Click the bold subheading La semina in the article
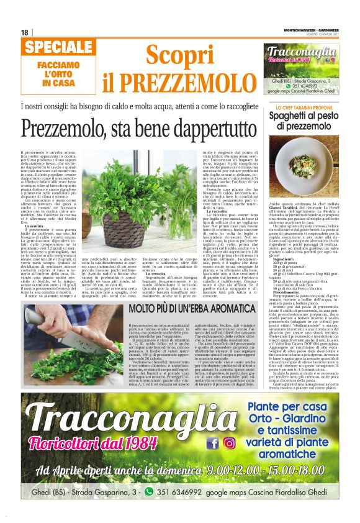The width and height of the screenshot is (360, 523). pos(35,227)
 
